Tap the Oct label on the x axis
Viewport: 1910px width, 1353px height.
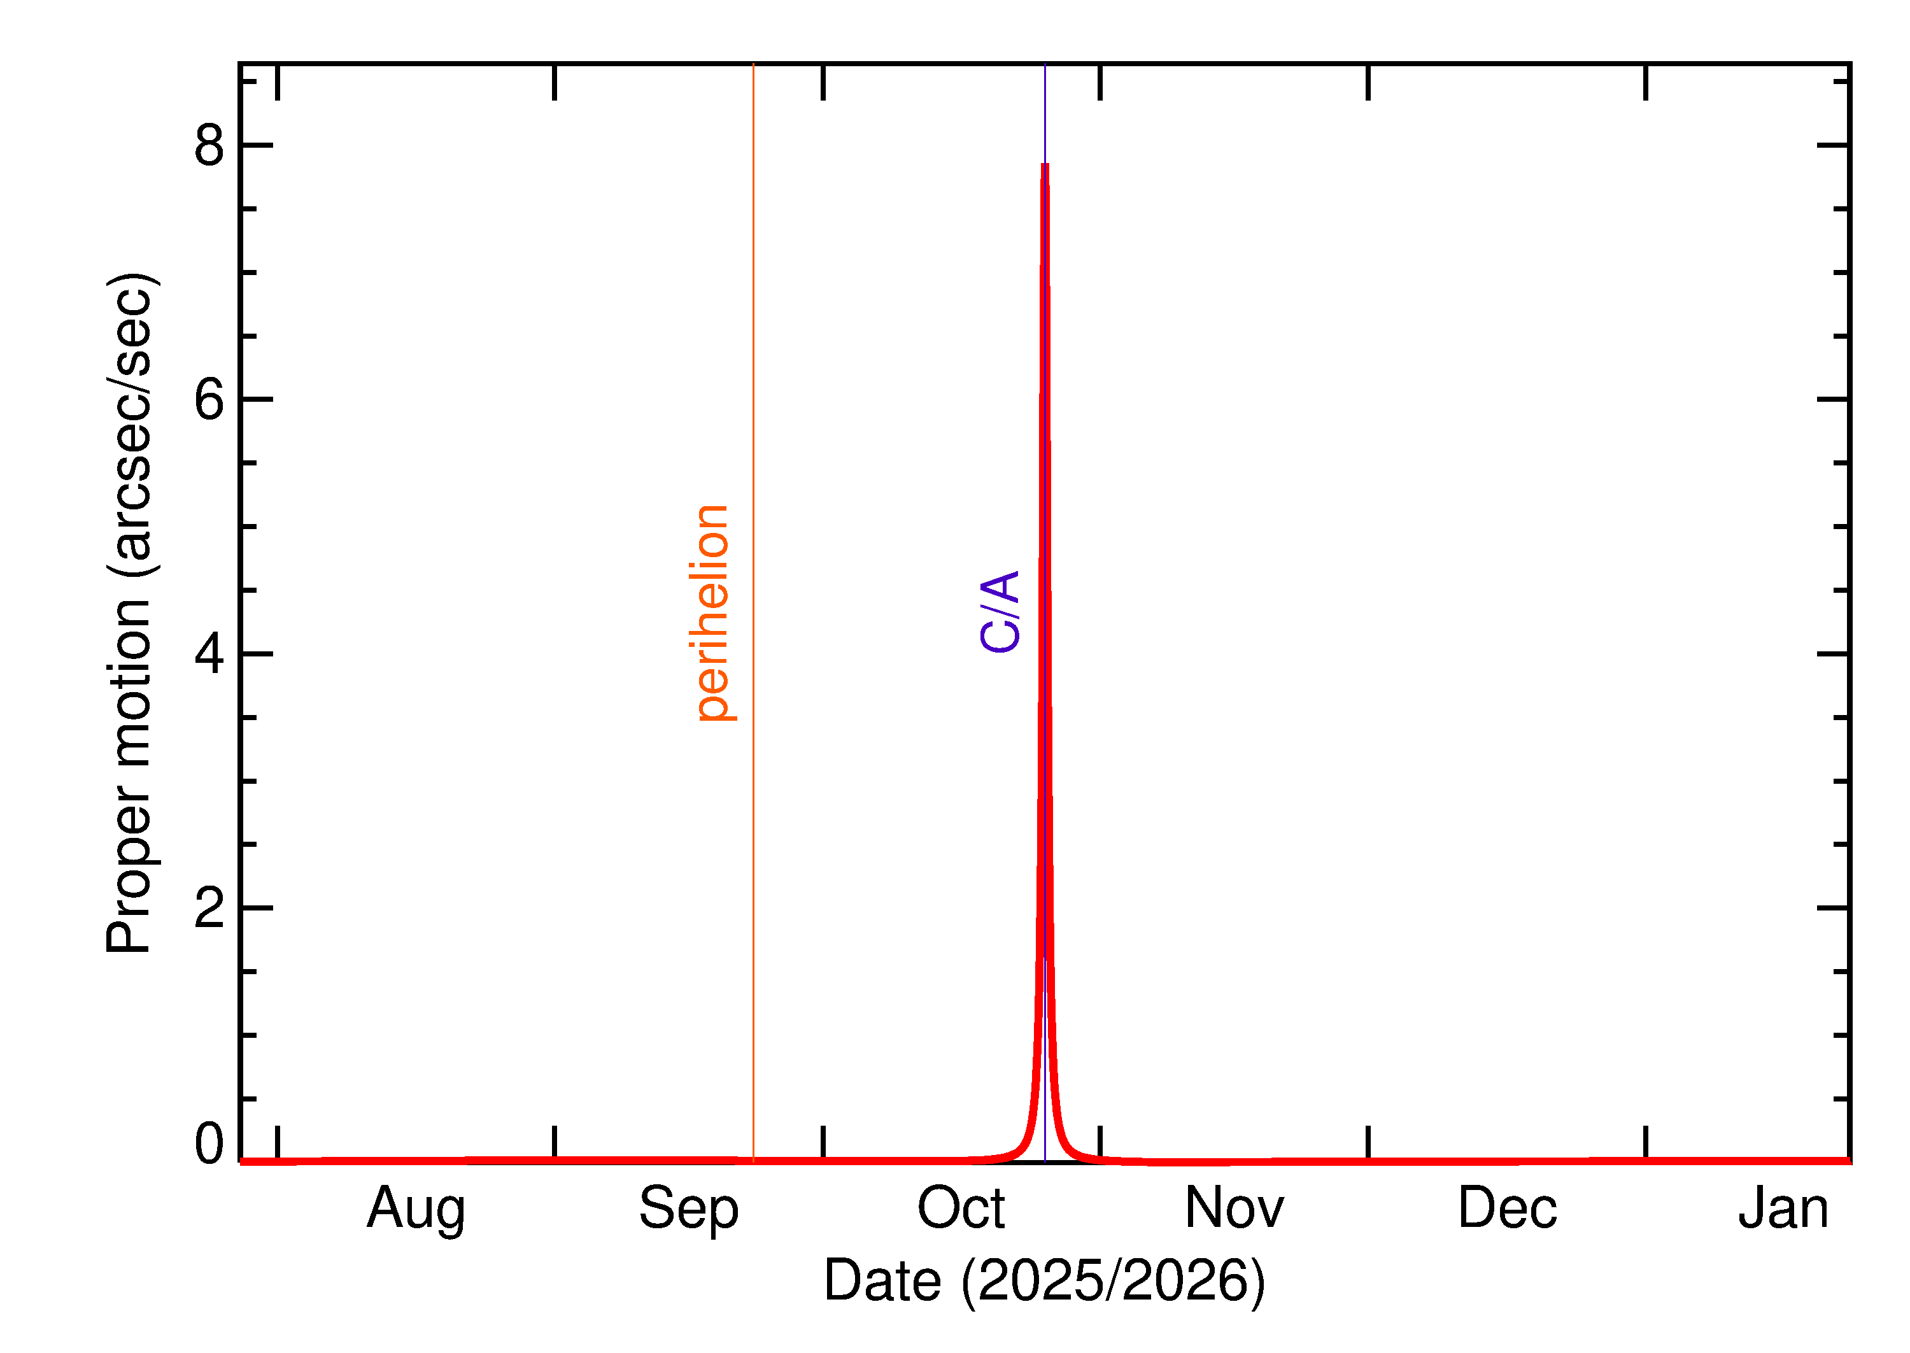[961, 1208]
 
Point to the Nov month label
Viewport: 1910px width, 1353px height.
[1234, 1208]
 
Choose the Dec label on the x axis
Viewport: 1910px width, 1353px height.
[1508, 1208]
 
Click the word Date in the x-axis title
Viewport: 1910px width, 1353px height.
[882, 1280]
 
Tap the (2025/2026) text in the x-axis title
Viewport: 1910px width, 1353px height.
[1113, 1280]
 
